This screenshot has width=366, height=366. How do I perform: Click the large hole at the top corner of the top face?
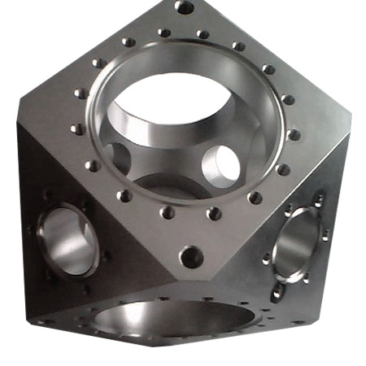185,8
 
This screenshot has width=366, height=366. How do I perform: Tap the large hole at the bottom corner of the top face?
191,257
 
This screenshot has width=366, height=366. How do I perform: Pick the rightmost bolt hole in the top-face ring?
294,135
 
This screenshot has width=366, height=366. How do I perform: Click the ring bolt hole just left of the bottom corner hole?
167,213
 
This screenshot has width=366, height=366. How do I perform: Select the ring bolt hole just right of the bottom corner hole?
214,214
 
